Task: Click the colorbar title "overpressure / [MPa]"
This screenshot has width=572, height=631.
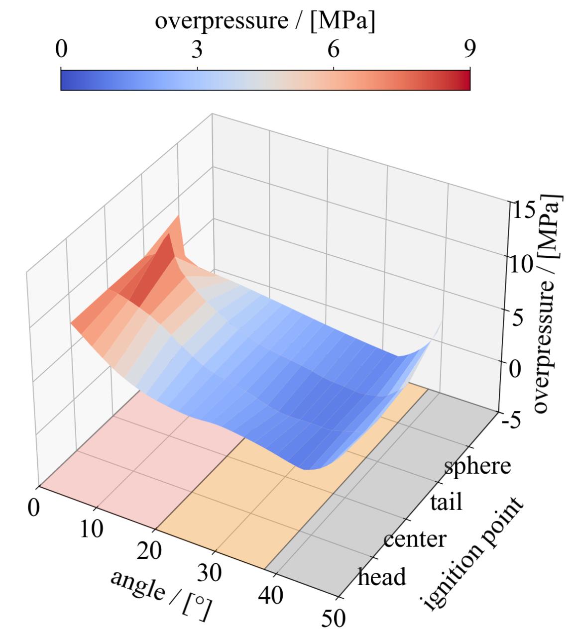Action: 265,22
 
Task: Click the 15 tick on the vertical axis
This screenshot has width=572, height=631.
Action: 522,211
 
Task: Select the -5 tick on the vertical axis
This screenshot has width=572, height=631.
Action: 510,421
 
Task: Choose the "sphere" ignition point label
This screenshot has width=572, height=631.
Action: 477,467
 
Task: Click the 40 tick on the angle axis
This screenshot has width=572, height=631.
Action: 271,595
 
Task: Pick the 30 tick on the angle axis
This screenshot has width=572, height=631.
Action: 212,572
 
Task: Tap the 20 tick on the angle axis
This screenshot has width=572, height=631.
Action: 149,551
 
